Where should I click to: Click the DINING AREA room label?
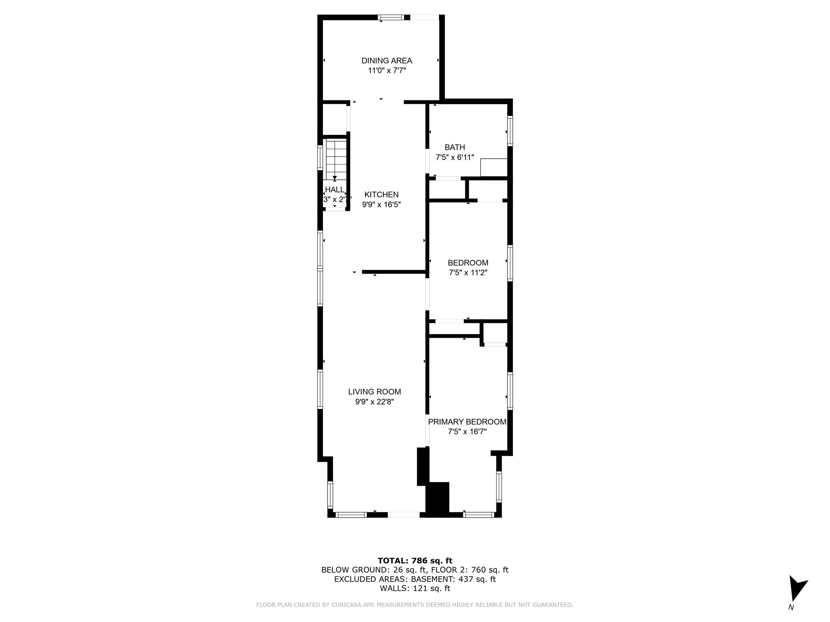pyautogui.click(x=387, y=61)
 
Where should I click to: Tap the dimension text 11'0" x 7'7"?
pyautogui.click(x=387, y=70)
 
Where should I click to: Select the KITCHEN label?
pyautogui.click(x=381, y=194)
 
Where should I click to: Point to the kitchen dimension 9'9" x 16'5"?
pyautogui.click(x=381, y=204)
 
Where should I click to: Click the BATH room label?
pyautogui.click(x=455, y=147)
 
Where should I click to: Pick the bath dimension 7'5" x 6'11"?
pyautogui.click(x=455, y=157)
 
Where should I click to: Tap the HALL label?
pyautogui.click(x=335, y=190)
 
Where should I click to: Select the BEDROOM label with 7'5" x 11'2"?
pyautogui.click(x=468, y=263)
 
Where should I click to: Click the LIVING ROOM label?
pyautogui.click(x=374, y=392)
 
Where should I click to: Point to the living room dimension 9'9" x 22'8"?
pyautogui.click(x=374, y=402)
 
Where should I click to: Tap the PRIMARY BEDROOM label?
pyautogui.click(x=467, y=422)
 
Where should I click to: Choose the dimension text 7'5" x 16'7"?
pyautogui.click(x=467, y=432)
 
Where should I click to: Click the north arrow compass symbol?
pyautogui.click(x=796, y=589)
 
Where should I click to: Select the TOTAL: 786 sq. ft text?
pyautogui.click(x=415, y=560)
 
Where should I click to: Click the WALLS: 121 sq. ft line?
pyautogui.click(x=415, y=588)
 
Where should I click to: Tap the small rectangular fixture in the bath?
pyautogui.click(x=494, y=167)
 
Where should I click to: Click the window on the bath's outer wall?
pyautogui.click(x=510, y=131)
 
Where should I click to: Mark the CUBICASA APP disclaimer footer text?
pyautogui.click(x=415, y=605)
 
